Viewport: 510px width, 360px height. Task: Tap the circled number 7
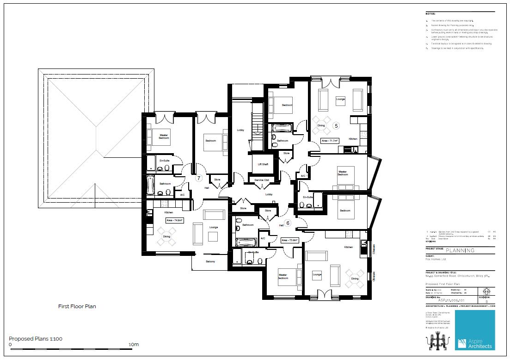(199, 178)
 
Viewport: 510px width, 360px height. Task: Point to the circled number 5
(336, 125)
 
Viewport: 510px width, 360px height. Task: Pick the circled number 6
(287, 223)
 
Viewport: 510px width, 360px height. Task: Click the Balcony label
(211, 262)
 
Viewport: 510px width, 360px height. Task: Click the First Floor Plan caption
(77, 306)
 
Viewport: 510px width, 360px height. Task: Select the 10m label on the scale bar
(134, 345)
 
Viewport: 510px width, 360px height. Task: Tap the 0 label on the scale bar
(11, 345)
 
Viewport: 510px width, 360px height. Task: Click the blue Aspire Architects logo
(474, 330)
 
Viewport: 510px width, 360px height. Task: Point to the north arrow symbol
(486, 291)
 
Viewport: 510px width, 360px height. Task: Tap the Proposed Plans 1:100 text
(36, 339)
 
